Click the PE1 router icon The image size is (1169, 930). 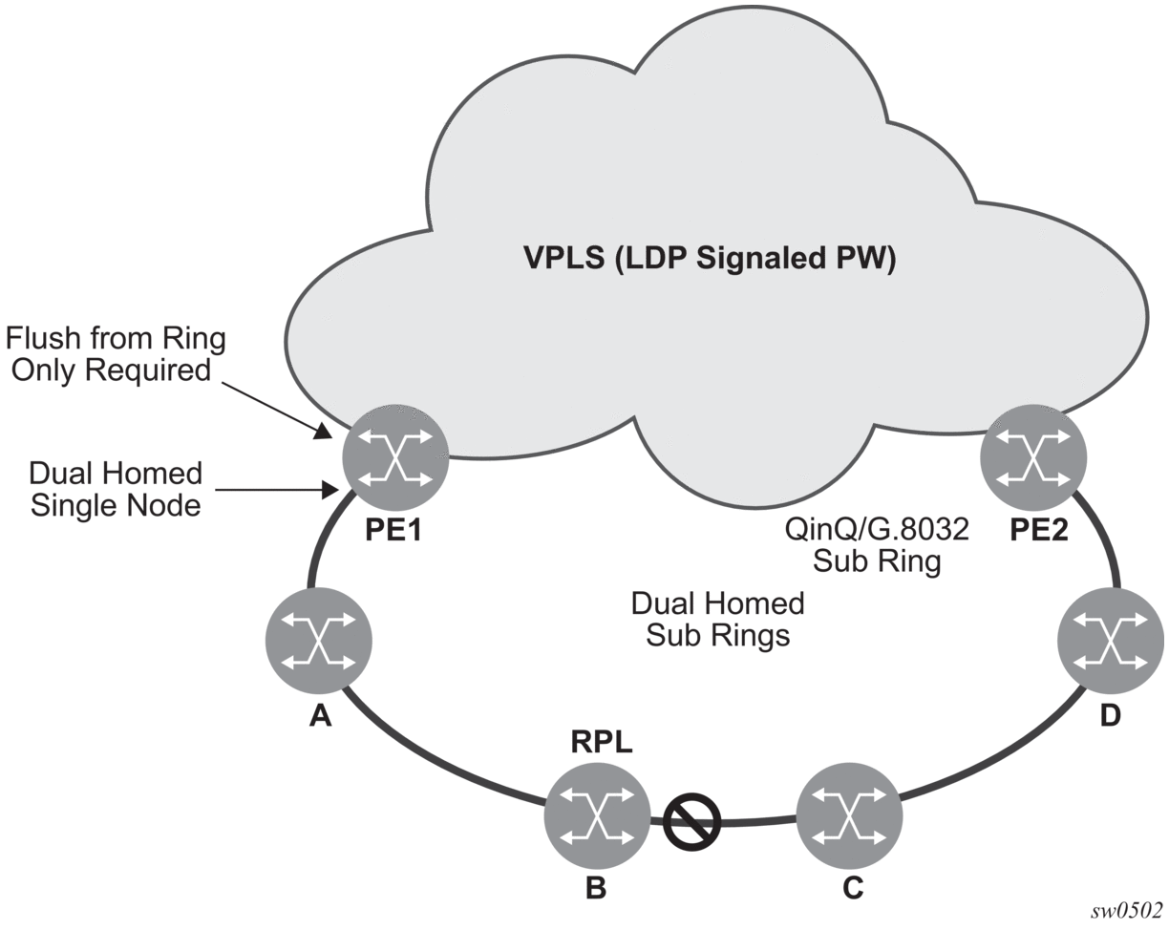pos(395,457)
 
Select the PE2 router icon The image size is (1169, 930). pos(1033,457)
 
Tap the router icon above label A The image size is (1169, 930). pos(319,641)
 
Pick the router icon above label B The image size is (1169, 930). pos(598,814)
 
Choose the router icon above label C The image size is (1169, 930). pos(850,814)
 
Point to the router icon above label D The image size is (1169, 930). pos(1112,641)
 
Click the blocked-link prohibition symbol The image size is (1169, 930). pos(692,821)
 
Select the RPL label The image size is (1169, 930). pos(602,742)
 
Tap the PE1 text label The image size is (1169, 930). pos(393,530)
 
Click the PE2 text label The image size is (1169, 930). pos(1038,530)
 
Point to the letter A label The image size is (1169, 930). pos(321,716)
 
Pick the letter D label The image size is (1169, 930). pos(1111,716)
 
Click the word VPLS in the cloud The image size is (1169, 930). pos(563,258)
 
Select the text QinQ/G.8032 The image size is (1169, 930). pos(877,529)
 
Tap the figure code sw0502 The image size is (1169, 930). pos(1127,911)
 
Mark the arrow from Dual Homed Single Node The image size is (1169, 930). pos(277,490)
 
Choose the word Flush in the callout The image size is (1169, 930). pos(42,338)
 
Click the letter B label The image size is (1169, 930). pos(596,889)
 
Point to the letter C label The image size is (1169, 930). pos(853,889)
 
